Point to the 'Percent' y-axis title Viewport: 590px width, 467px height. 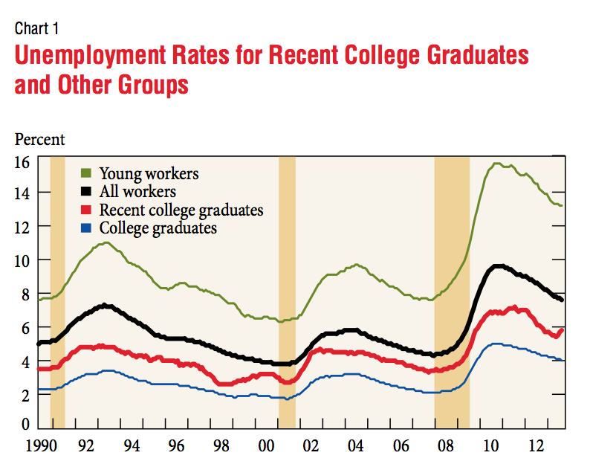tap(39, 139)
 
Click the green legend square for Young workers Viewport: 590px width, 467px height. tap(87, 174)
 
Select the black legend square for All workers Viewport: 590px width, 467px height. tap(87, 192)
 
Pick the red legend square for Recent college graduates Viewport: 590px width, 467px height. tap(87, 210)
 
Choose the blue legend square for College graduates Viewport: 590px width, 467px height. tap(87, 228)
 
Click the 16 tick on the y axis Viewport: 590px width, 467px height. tap(22, 161)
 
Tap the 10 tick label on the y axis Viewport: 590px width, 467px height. tap(22, 260)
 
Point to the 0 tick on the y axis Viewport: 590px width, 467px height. tap(25, 425)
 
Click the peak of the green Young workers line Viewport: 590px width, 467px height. tap(496, 164)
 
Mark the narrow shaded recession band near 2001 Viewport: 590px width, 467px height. tap(287, 290)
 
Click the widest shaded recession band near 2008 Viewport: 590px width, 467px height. tap(452, 290)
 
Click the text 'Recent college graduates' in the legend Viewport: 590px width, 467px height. tap(181, 210)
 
